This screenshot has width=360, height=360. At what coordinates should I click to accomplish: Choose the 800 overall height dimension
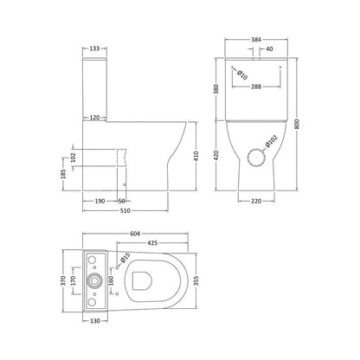299,124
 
